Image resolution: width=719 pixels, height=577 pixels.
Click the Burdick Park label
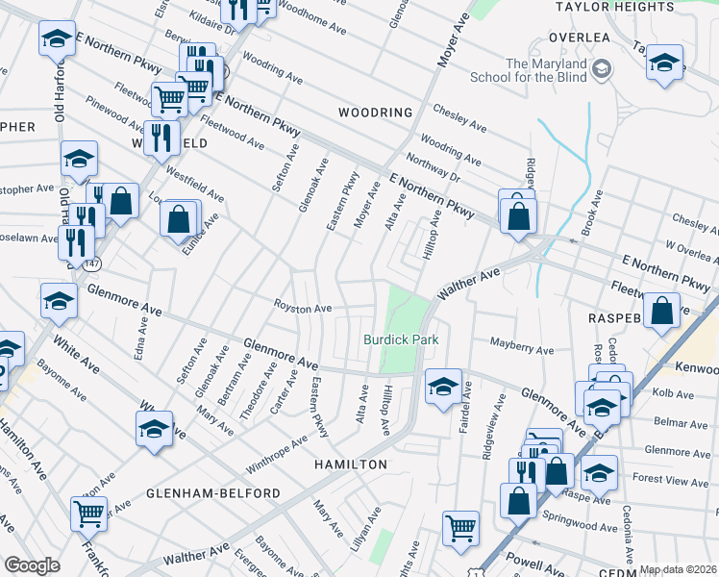tap(401, 339)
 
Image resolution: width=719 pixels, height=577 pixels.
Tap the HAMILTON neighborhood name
tap(350, 464)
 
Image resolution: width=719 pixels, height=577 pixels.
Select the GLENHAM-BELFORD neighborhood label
tap(213, 493)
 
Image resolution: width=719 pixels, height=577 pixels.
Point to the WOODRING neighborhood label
tap(376, 113)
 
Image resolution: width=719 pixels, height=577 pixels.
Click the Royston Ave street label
tap(304, 309)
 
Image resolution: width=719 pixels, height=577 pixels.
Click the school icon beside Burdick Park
tap(442, 387)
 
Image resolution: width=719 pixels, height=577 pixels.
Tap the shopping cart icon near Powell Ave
tap(460, 526)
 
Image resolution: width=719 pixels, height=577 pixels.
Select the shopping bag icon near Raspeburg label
tap(662, 310)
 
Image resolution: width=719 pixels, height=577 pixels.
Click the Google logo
tap(32, 565)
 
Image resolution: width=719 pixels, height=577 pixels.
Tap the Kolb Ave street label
tap(673, 394)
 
